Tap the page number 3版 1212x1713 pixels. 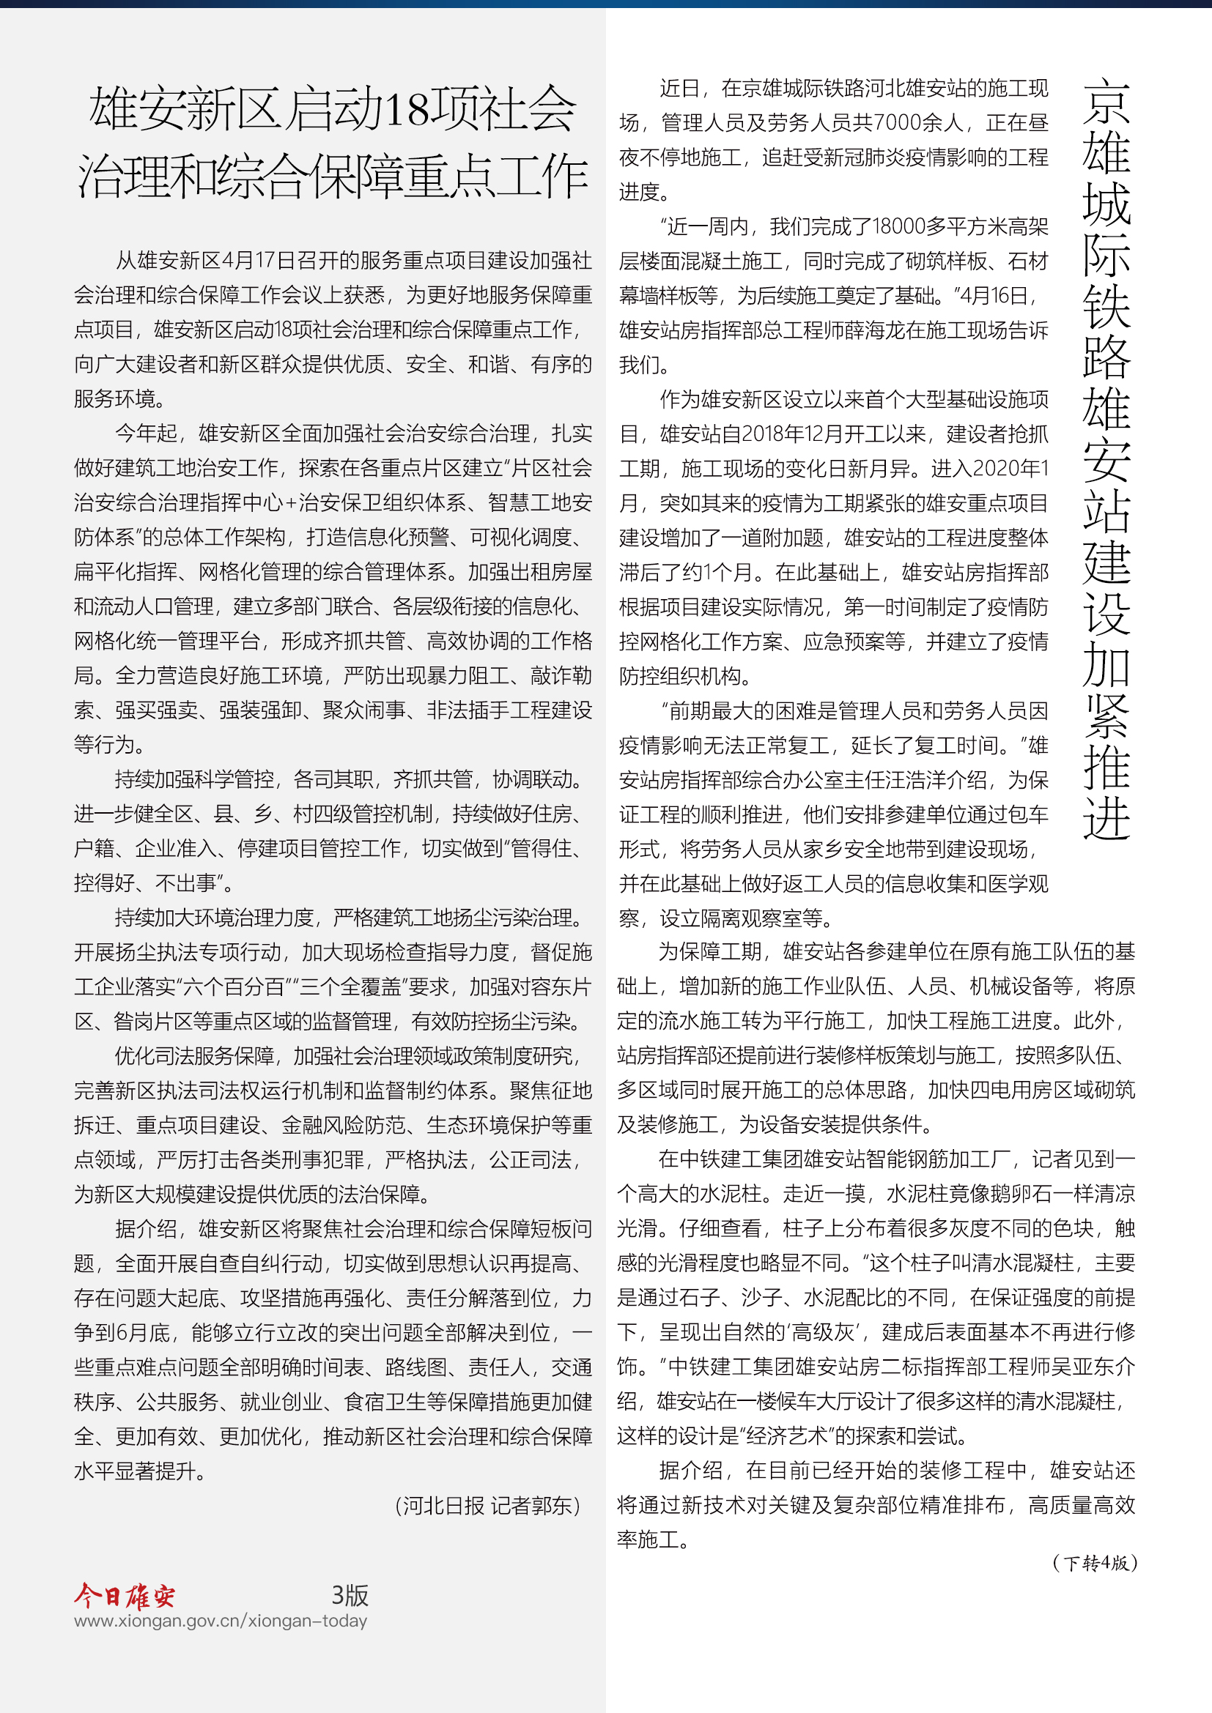coord(350,1595)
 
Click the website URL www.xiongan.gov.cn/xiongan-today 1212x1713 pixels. coord(220,1621)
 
